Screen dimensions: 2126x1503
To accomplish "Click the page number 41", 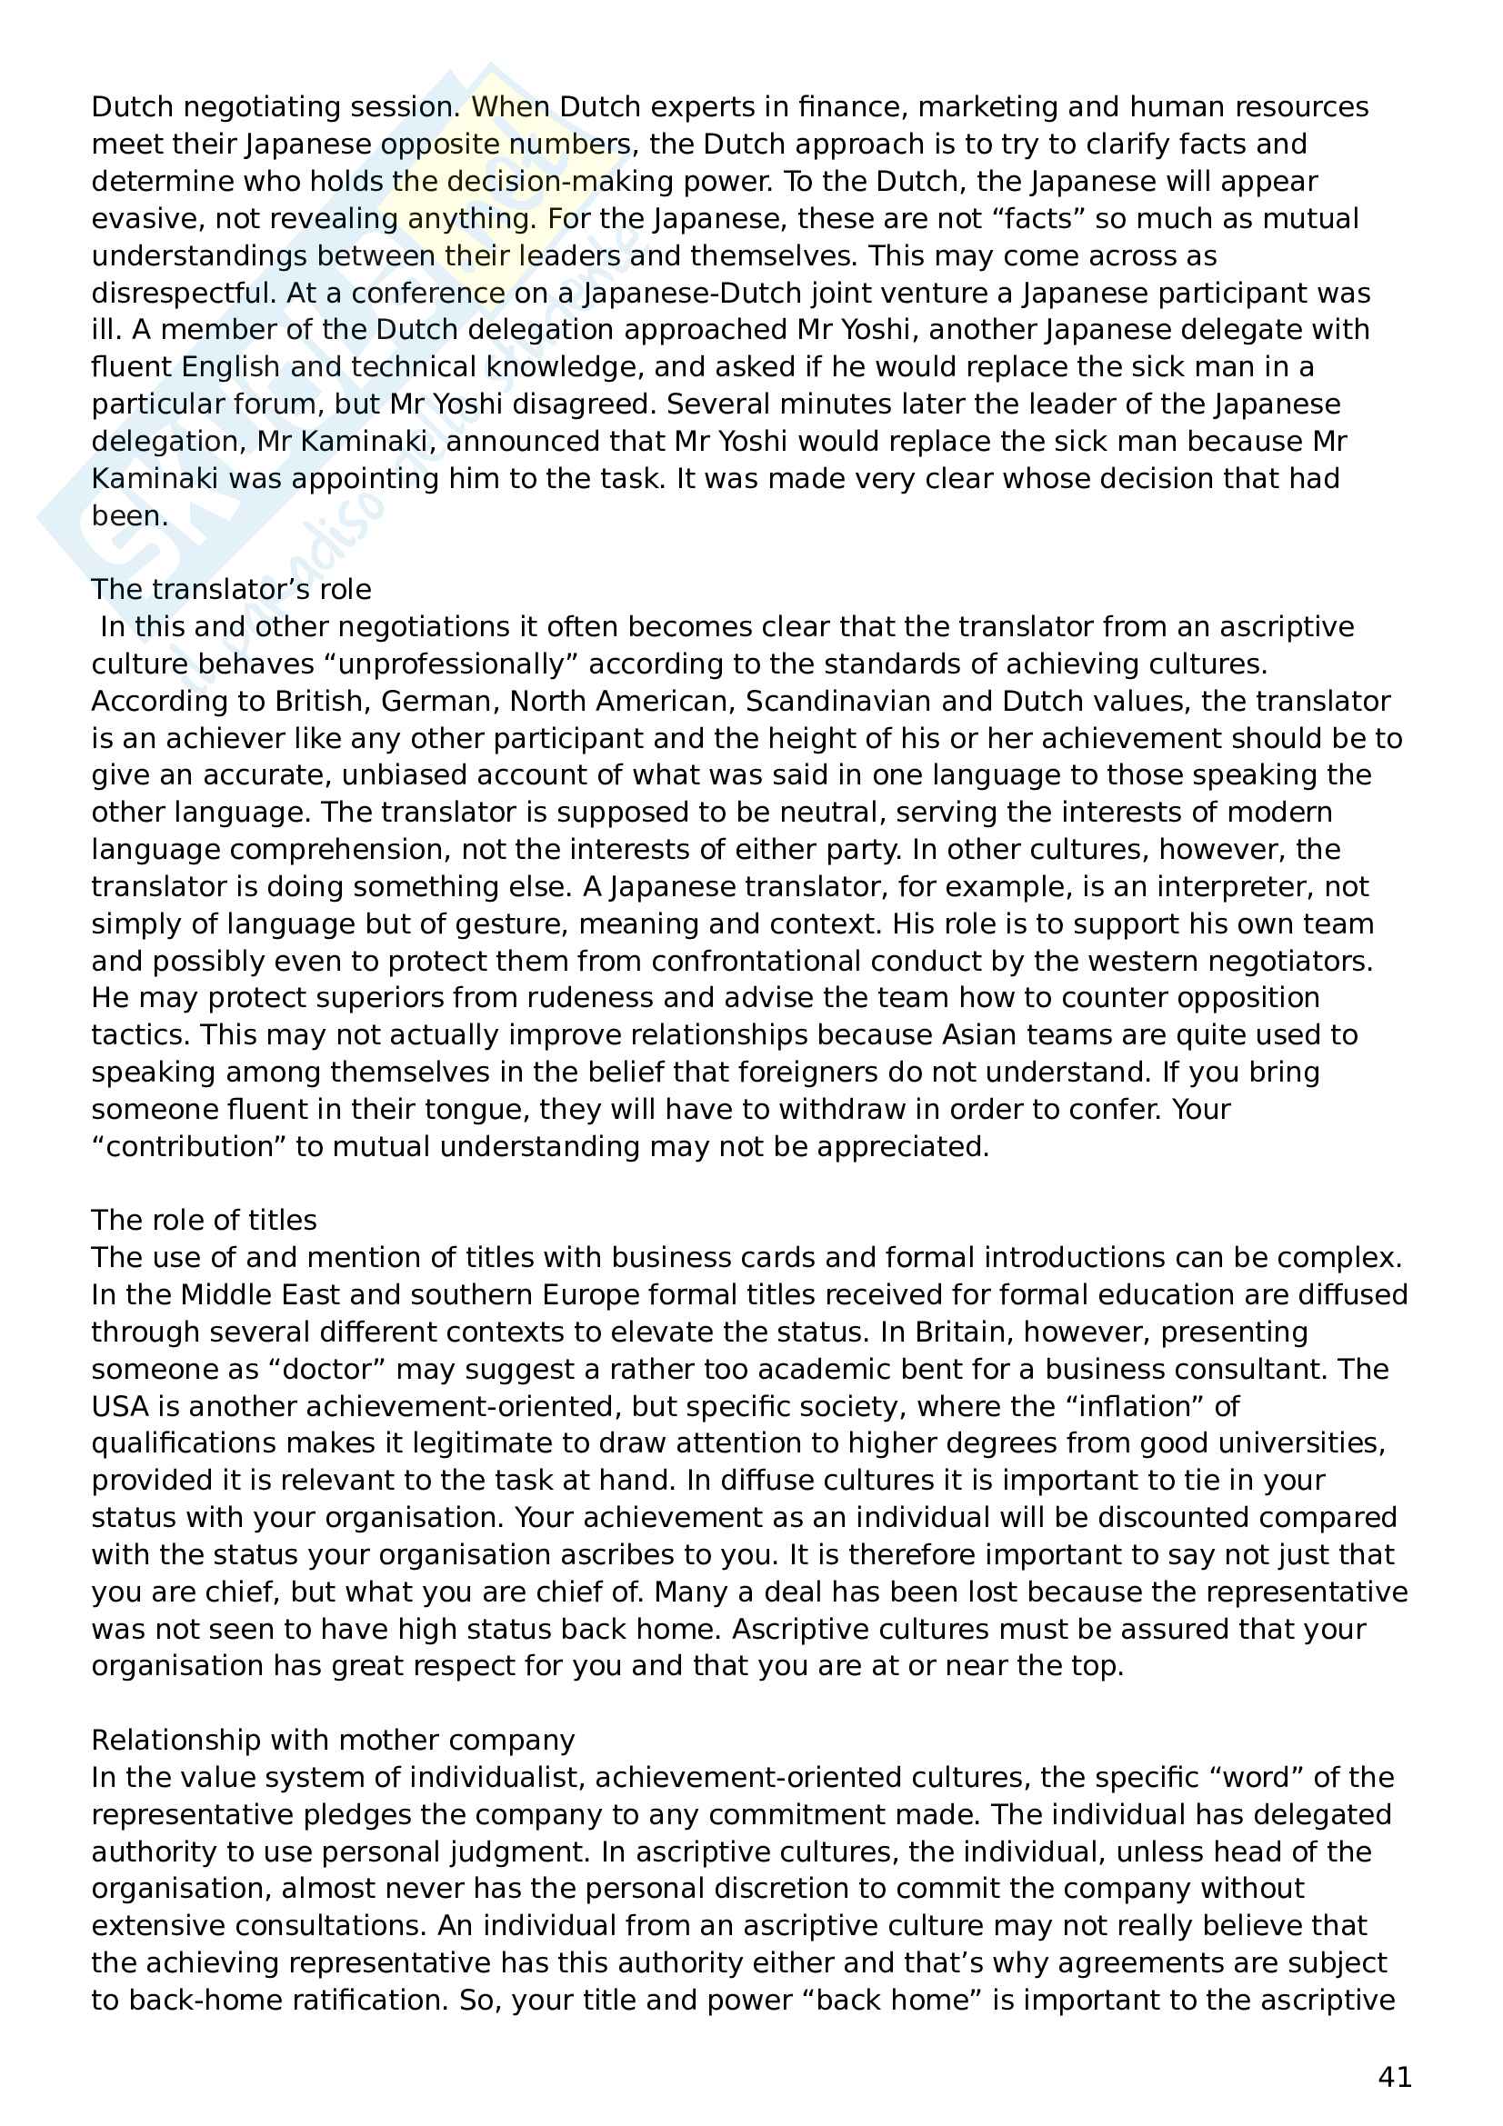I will (1394, 2077).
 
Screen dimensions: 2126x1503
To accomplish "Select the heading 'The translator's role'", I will (231, 589).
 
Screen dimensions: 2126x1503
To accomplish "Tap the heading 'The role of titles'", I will (204, 1220).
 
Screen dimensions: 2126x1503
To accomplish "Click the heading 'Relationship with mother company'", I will (333, 1740).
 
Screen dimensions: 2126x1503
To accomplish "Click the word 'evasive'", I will (145, 218).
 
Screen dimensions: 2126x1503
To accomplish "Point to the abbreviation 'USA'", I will (119, 1405).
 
